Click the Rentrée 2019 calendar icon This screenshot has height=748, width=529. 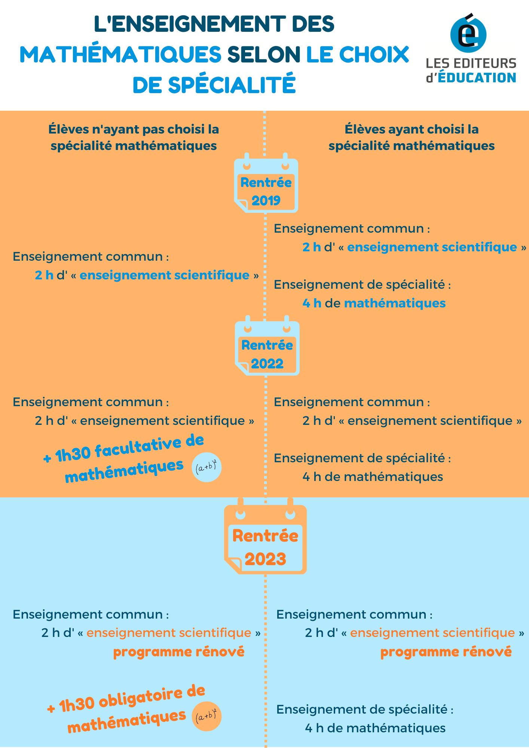tap(266, 183)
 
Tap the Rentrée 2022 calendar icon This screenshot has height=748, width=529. tap(267, 346)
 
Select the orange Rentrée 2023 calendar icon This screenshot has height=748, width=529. tap(265, 536)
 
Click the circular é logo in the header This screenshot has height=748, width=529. tap(468, 34)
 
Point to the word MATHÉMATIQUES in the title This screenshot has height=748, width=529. tap(120, 55)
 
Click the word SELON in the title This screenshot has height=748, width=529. tap(264, 55)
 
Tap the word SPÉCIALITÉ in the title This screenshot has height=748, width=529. tap(232, 85)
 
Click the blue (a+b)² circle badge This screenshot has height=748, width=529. tap(207, 467)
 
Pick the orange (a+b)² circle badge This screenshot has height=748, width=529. tap(207, 716)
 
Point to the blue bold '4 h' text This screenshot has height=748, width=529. tap(312, 303)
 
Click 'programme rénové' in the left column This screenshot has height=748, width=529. tap(179, 652)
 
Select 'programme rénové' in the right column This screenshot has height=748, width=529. tap(446, 652)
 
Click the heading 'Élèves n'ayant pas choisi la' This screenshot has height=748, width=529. tap(134, 129)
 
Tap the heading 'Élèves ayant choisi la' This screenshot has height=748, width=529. tap(412, 129)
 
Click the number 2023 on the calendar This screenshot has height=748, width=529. tap(265, 559)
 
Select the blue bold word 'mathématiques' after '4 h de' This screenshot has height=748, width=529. tap(395, 303)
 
